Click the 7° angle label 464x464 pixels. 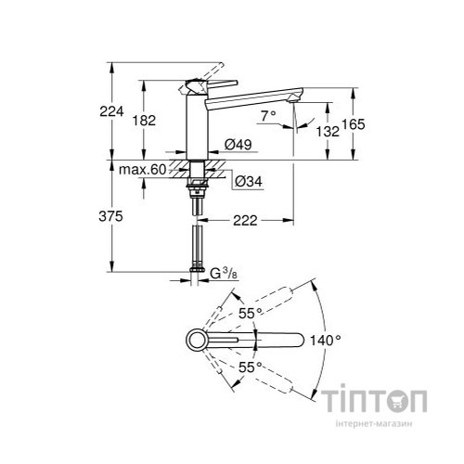[269, 116]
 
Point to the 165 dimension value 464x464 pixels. [368, 123]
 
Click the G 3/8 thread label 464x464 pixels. [223, 273]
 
